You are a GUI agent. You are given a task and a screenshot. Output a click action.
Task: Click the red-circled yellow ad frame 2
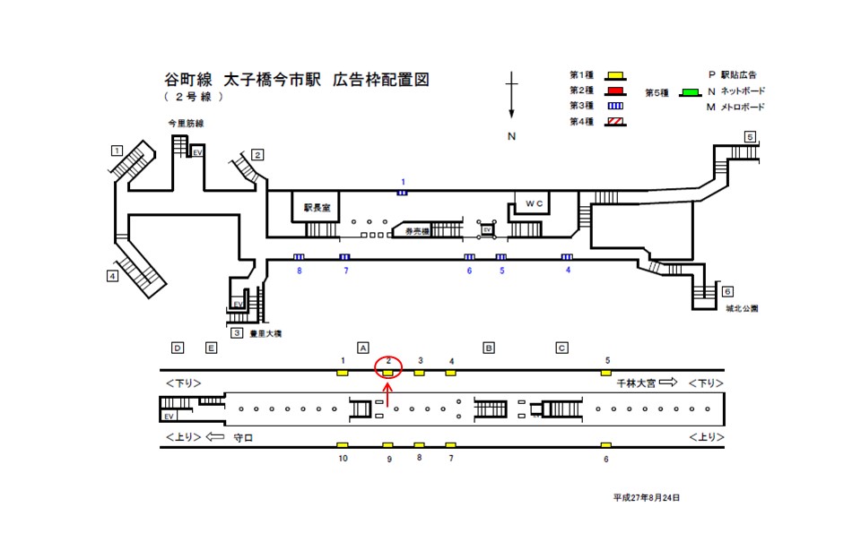[387, 372]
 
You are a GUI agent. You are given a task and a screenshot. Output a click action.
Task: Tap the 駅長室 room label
[317, 207]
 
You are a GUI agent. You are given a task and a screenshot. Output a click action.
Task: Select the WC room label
[535, 203]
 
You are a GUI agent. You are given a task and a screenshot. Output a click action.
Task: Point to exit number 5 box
[750, 137]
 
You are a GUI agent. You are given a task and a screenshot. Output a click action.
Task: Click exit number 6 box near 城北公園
[727, 292]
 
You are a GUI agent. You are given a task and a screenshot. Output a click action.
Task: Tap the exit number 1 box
[117, 150]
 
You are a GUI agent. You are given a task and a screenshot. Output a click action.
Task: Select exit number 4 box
[112, 276]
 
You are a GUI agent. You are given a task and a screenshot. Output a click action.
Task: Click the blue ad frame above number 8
[299, 257]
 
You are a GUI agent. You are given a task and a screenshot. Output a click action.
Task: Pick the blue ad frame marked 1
[403, 192]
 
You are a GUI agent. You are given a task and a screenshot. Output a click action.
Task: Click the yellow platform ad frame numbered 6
[606, 445]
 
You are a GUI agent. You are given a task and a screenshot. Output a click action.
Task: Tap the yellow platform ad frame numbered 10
[342, 445]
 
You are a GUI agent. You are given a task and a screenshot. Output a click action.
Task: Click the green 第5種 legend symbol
[690, 92]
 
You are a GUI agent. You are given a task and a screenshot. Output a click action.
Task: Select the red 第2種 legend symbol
[614, 90]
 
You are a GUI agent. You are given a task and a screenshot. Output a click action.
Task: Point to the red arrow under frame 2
[387, 391]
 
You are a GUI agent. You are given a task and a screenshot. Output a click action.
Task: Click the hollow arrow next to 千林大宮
[667, 383]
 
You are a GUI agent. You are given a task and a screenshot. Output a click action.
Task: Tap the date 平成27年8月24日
[647, 496]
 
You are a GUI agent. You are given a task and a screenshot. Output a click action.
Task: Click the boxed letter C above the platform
[562, 348]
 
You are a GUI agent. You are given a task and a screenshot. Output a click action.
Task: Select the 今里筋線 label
[186, 124]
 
